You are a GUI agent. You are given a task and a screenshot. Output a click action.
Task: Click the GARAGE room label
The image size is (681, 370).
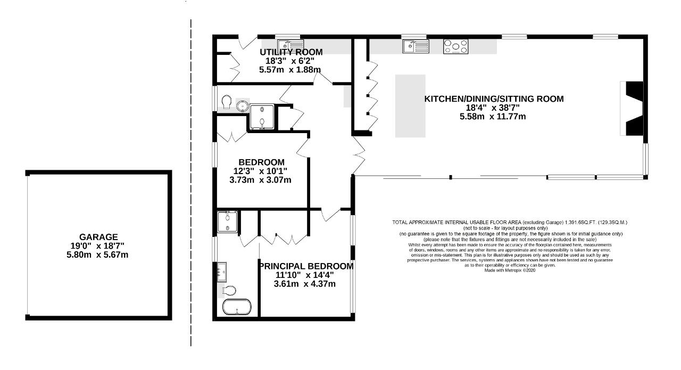[x=98, y=237]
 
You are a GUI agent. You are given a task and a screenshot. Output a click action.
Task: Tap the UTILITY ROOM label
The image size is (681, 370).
[x=291, y=52]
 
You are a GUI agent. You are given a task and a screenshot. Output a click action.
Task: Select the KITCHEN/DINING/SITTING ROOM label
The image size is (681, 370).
[x=494, y=99]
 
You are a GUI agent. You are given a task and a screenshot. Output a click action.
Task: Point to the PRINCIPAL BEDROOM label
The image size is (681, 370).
[x=306, y=266]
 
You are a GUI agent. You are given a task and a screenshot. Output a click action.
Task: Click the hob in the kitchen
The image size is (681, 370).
[x=455, y=46]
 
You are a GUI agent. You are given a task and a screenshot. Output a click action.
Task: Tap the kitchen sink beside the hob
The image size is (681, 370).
[x=416, y=46]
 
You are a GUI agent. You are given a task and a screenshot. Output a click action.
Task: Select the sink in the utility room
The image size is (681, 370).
[x=290, y=45]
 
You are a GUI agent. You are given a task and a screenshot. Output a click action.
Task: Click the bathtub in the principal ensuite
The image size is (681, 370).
[x=237, y=307]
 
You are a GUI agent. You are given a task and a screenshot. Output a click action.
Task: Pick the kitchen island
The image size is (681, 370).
[x=410, y=106]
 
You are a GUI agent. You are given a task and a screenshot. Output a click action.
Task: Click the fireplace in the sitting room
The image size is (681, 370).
[x=632, y=108]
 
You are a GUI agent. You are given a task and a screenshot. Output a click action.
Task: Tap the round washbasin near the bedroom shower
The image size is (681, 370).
[x=242, y=106]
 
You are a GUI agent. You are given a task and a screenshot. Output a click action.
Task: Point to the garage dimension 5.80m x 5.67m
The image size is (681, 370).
[x=97, y=254]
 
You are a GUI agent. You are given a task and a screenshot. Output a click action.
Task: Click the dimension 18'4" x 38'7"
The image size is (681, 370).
[x=493, y=108]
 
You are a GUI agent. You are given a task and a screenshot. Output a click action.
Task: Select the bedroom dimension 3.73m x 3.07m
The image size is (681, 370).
[x=260, y=180]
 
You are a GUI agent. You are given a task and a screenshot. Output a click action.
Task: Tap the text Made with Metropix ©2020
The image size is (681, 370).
[x=510, y=270]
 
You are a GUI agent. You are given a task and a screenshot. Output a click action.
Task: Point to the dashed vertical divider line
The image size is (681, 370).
[x=191, y=183]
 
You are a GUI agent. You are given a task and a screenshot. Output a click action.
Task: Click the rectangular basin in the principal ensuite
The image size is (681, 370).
[x=221, y=272]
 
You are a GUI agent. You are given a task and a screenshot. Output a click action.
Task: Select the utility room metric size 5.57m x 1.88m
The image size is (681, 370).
[x=290, y=70]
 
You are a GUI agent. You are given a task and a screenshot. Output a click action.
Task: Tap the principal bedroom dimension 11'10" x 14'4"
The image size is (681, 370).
[x=305, y=275]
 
